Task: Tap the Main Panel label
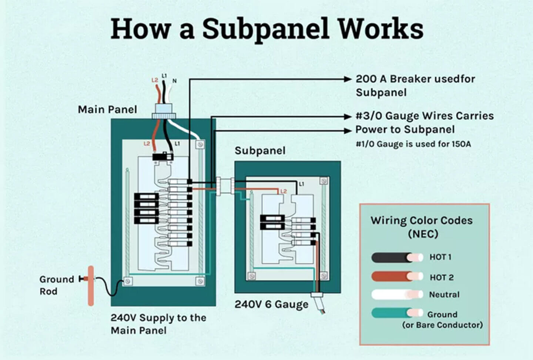[107, 110]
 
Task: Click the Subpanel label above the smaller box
[260, 151]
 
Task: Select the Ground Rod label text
[56, 285]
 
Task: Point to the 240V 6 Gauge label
[271, 304]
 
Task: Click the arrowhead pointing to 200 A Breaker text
[347, 79]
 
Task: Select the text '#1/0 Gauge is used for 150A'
[413, 144]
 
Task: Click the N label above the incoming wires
[174, 81]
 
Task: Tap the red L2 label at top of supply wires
[155, 80]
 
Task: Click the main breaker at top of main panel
[163, 157]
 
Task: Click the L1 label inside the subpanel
[301, 184]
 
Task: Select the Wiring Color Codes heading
[422, 227]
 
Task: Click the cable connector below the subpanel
[317, 295]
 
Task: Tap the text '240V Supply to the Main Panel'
[158, 324]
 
